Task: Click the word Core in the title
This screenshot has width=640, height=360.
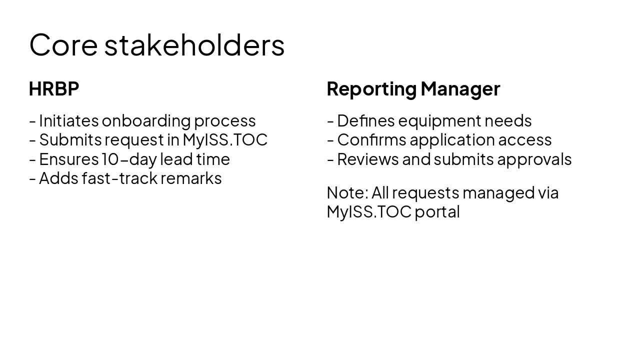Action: pyautogui.click(x=63, y=44)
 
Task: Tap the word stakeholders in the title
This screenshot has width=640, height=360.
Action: pyautogui.click(x=194, y=44)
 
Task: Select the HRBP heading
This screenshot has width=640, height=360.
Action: pyautogui.click(x=54, y=89)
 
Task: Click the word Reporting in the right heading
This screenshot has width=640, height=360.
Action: pyautogui.click(x=371, y=89)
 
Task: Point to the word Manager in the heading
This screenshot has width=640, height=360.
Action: pyautogui.click(x=460, y=89)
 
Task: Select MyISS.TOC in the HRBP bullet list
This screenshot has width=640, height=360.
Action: pyautogui.click(x=225, y=140)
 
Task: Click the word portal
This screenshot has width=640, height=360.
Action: pyautogui.click(x=437, y=212)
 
